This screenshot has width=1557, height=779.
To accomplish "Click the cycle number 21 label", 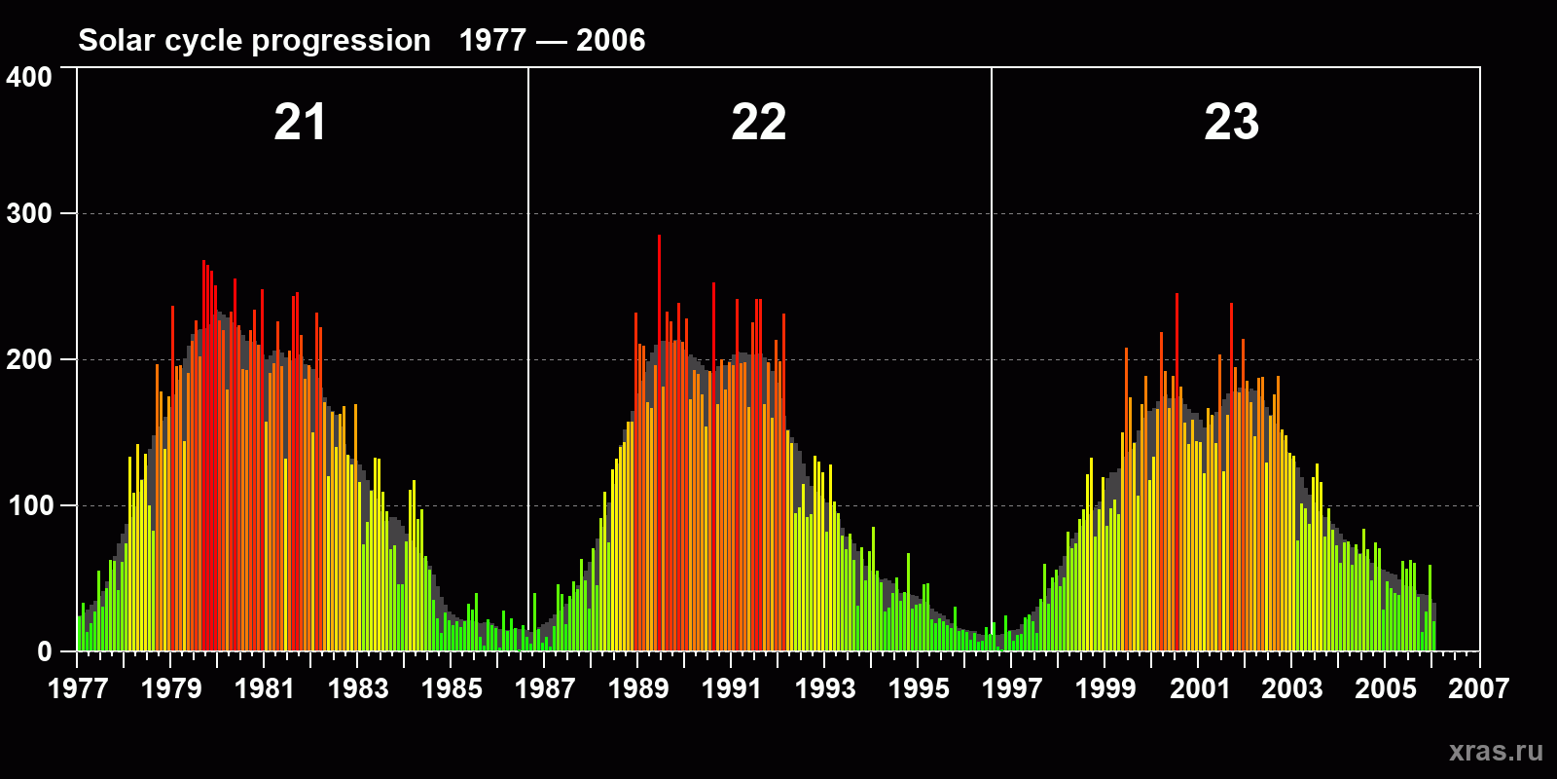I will [300, 123].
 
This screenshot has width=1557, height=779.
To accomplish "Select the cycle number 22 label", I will [759, 123].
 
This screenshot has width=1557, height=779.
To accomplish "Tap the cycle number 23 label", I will [1232, 123].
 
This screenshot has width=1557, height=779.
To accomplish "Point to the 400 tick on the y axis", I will [29, 78].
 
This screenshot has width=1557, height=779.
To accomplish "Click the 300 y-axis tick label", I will [29, 214].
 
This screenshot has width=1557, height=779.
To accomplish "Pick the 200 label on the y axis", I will [29, 360].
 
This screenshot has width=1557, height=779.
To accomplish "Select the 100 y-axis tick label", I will [29, 506].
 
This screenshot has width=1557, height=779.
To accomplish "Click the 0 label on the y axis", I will [45, 652].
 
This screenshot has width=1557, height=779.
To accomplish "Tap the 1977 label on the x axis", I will [78, 688].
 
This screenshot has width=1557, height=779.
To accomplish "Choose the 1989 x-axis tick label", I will [638, 688].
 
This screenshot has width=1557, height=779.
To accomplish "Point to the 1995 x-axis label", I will [919, 688].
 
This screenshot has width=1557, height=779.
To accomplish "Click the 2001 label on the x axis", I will [1199, 688].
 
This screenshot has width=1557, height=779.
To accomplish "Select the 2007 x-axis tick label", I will [1478, 688].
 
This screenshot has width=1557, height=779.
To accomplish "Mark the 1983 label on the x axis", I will [358, 688].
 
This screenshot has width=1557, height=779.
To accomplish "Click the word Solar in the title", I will [117, 40].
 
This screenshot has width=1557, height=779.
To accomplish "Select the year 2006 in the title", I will [610, 40].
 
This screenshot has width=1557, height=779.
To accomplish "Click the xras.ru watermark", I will [1496, 751].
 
